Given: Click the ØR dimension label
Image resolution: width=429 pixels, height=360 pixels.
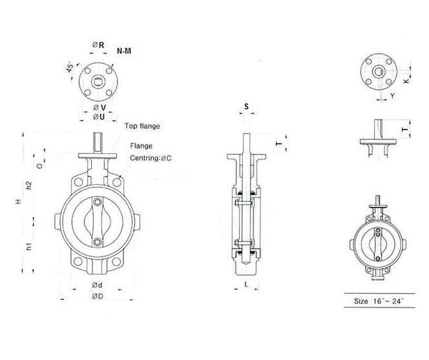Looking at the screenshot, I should (x=96, y=45).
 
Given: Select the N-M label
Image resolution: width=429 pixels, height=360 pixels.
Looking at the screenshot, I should (x=123, y=51).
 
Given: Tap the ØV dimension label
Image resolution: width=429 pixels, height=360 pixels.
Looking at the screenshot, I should (x=98, y=107).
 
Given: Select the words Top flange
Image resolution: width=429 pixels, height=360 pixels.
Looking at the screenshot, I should (x=142, y=126).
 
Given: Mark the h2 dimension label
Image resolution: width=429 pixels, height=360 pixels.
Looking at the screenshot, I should (x=29, y=186).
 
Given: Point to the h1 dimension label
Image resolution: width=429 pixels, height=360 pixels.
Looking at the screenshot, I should (x=29, y=247).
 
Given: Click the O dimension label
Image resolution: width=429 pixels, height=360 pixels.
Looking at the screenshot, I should (x=39, y=166).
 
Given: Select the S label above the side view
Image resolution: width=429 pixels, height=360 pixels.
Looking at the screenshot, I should (x=246, y=106).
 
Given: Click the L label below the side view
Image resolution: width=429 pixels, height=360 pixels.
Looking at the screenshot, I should (x=246, y=284).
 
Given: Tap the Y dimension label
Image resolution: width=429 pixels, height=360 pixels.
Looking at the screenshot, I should (x=391, y=96).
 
